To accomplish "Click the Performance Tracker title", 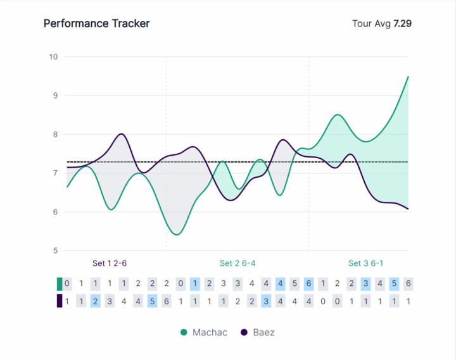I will click(x=96, y=23).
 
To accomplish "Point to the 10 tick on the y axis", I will click(x=53, y=57).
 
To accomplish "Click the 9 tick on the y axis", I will click(x=54, y=96).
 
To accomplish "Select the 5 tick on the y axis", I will click(x=54, y=251).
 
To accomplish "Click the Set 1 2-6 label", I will click(x=114, y=263).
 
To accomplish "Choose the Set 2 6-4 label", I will click(x=237, y=263).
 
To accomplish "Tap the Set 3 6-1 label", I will click(x=366, y=263).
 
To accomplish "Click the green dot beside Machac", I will click(x=184, y=332).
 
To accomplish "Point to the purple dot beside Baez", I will click(x=244, y=332).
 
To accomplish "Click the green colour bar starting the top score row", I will click(x=60, y=283).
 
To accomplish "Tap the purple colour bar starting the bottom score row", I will click(x=60, y=301).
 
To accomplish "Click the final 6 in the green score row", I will click(x=408, y=283).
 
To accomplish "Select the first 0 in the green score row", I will click(x=67, y=283).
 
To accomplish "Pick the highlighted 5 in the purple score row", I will click(x=152, y=301).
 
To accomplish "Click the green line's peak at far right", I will click(x=408, y=77).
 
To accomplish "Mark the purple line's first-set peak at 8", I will click(x=121, y=134).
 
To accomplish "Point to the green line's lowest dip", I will click(x=177, y=235).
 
